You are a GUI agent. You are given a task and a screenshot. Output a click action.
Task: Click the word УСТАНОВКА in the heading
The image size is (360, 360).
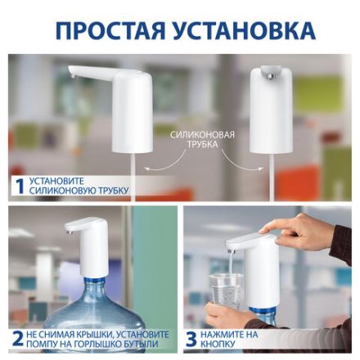click(x=242, y=30)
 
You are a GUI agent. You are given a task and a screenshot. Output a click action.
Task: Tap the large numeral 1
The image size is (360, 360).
click(x=19, y=186)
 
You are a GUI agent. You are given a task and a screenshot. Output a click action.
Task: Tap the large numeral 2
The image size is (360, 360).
click(x=18, y=339)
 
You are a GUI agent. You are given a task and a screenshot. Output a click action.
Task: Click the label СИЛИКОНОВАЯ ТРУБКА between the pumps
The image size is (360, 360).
click(x=202, y=139)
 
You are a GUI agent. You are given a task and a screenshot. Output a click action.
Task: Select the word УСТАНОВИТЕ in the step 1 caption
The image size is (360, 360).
click(x=57, y=181)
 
